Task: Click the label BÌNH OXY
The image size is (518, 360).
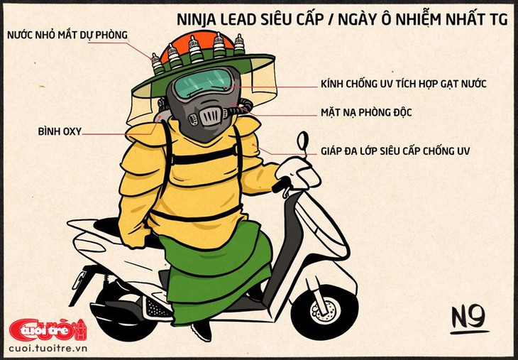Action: (x=60, y=131)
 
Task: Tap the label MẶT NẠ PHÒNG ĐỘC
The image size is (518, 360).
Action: (x=366, y=112)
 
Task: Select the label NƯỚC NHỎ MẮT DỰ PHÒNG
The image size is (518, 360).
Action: (x=67, y=35)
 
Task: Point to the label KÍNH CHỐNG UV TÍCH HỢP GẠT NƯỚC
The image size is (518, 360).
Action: (x=403, y=84)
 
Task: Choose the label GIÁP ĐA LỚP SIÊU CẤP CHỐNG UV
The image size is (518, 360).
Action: (x=395, y=151)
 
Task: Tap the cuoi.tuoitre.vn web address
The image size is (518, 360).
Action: (x=48, y=349)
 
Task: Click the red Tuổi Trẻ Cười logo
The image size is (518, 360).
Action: (x=48, y=329)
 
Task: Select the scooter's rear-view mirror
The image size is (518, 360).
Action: (x=302, y=141)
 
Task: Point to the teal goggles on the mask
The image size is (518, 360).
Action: (x=202, y=83)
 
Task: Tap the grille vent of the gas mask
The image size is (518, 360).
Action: (x=209, y=116)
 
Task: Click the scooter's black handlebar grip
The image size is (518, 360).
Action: (x=281, y=184)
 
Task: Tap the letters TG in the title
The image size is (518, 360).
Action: (x=498, y=20)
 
